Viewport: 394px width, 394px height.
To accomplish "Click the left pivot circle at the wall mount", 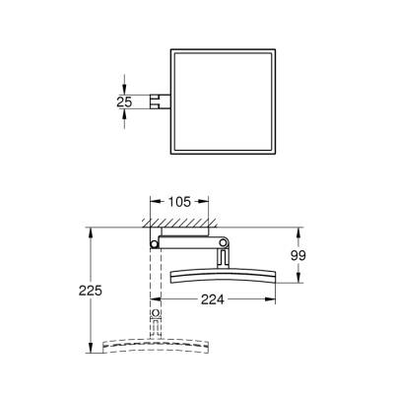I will tap(154, 243).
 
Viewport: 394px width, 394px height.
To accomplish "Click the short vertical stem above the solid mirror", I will tap(224, 257).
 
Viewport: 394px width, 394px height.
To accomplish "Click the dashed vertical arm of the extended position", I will tap(154, 281).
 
